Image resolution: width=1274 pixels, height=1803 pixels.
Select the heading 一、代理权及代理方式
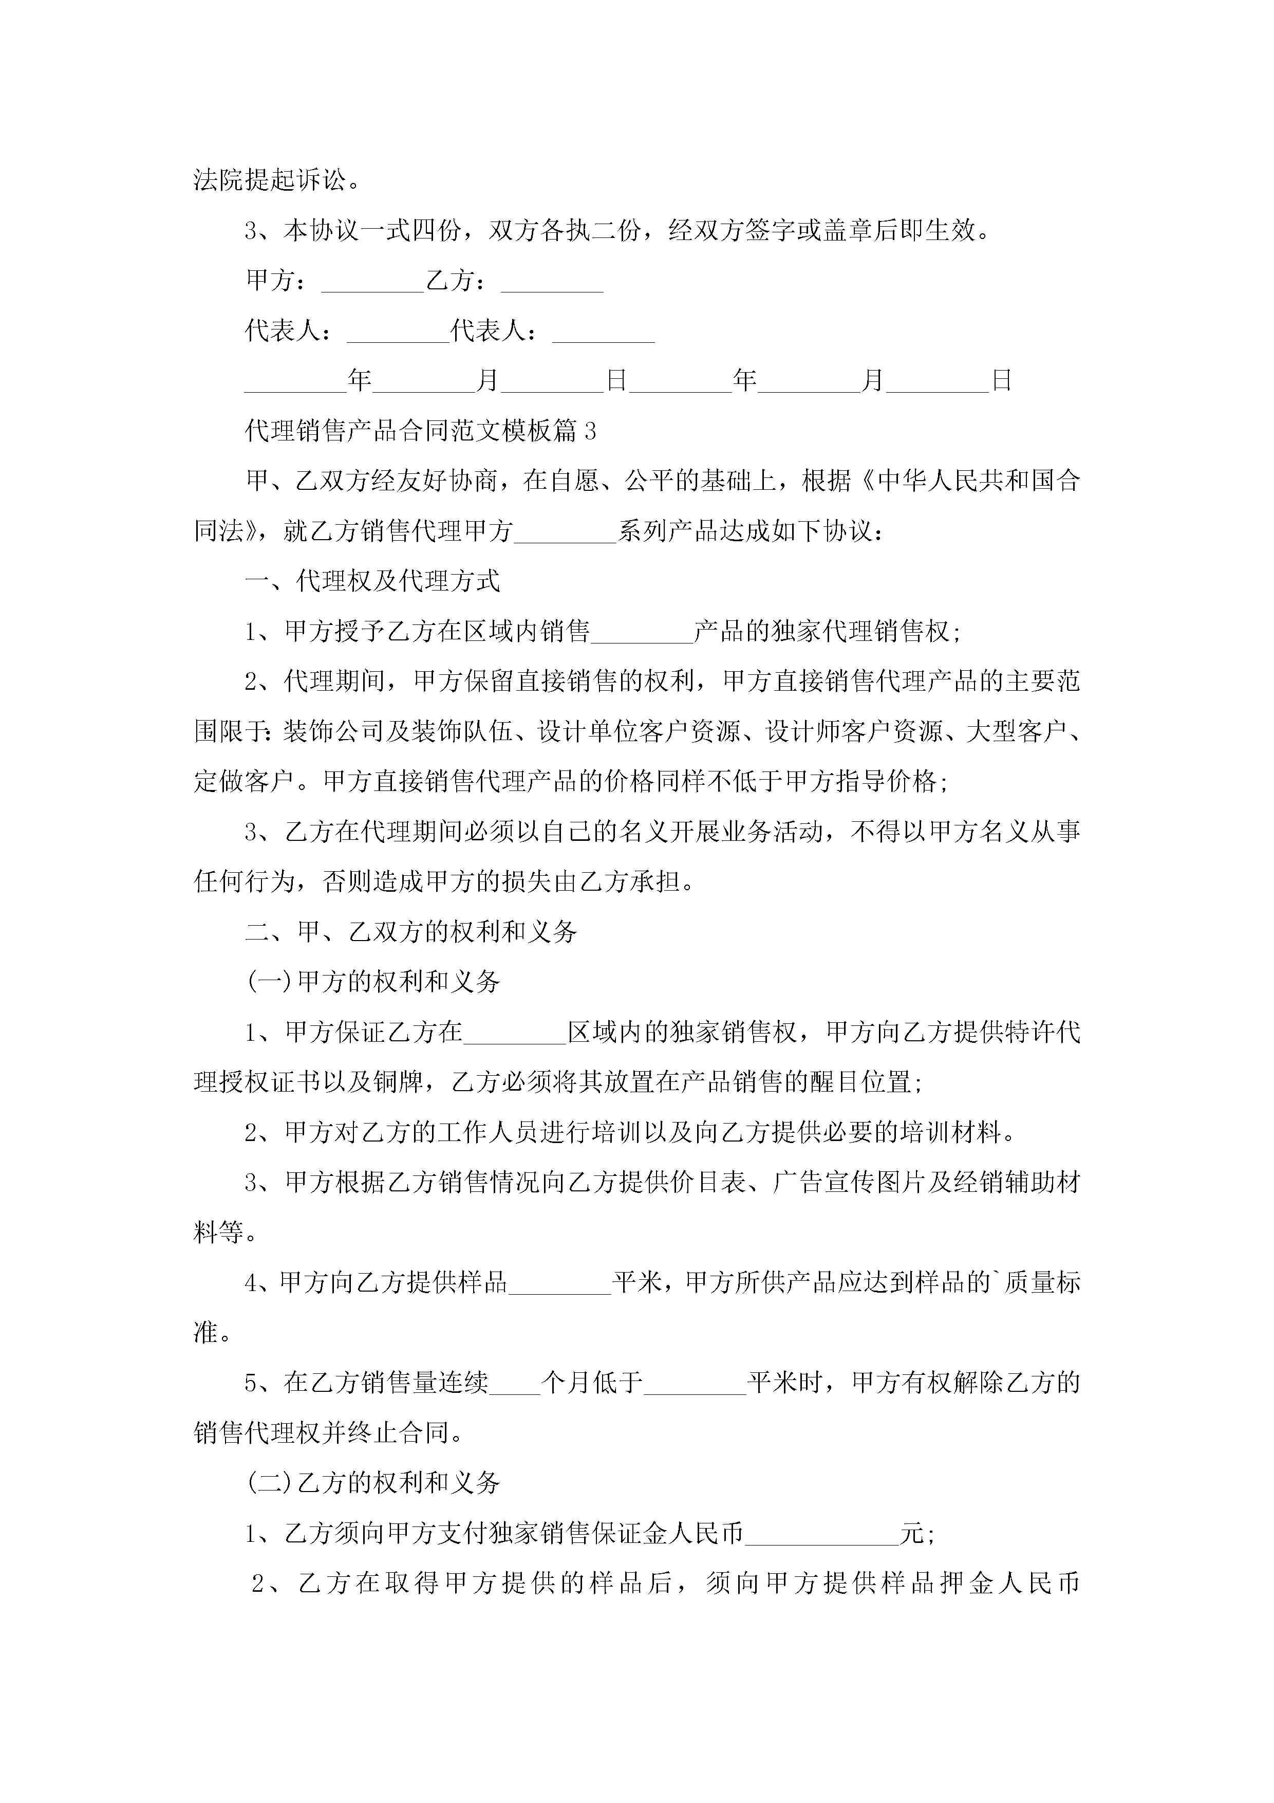click(373, 581)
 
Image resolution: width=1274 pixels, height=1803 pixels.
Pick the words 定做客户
click(244, 781)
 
